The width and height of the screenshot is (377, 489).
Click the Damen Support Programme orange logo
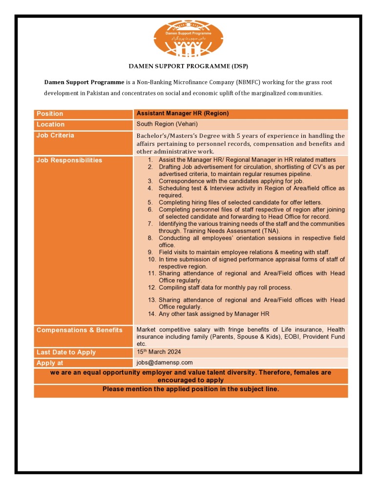coord(188,39)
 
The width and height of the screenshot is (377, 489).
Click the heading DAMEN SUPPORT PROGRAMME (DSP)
coord(188,66)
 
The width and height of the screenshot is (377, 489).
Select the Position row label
coord(50,114)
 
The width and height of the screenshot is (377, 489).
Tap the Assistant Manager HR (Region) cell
coord(183,113)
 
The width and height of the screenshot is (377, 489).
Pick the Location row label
coord(50,125)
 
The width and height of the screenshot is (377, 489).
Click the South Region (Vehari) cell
coord(167,124)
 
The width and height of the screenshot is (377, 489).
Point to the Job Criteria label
coord(55,135)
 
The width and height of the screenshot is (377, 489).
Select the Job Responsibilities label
coord(69,160)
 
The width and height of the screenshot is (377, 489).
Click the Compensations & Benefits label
coord(79,330)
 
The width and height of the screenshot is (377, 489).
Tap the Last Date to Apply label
coord(66,353)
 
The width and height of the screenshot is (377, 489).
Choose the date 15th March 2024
coord(160,352)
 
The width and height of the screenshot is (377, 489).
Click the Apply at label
coord(50,363)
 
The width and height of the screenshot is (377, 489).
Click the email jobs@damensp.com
coord(165,363)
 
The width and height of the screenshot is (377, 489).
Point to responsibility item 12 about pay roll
coord(225,288)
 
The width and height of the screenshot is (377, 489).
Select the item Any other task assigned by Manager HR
coord(214,314)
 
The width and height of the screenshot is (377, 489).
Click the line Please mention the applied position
coord(190,390)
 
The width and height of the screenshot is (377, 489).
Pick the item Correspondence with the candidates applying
coord(231,181)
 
